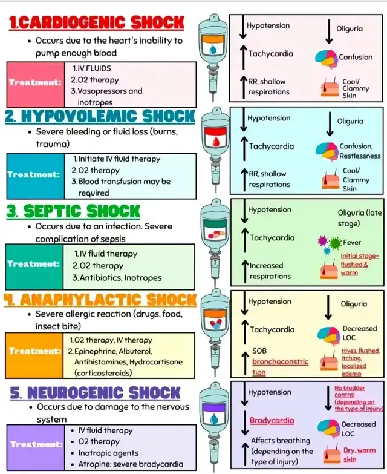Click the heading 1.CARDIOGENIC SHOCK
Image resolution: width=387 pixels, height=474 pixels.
tap(97, 23)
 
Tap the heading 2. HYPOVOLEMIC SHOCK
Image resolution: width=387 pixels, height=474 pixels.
tap(100, 116)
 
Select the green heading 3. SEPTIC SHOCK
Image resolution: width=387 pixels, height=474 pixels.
tap(73, 211)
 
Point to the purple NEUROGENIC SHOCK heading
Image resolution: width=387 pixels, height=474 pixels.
tap(95, 392)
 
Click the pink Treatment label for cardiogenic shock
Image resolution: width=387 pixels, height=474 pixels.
tap(35, 82)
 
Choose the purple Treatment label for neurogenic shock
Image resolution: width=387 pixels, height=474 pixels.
tap(35, 444)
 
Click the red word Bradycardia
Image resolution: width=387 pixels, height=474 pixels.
tap(272, 420)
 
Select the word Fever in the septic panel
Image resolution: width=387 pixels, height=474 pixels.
tap(352, 242)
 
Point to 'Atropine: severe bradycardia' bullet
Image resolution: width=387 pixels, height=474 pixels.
tap(130, 464)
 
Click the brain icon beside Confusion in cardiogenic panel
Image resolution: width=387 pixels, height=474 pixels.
tap(326, 58)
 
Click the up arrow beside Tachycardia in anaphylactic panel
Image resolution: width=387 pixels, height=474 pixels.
tap(244, 331)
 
